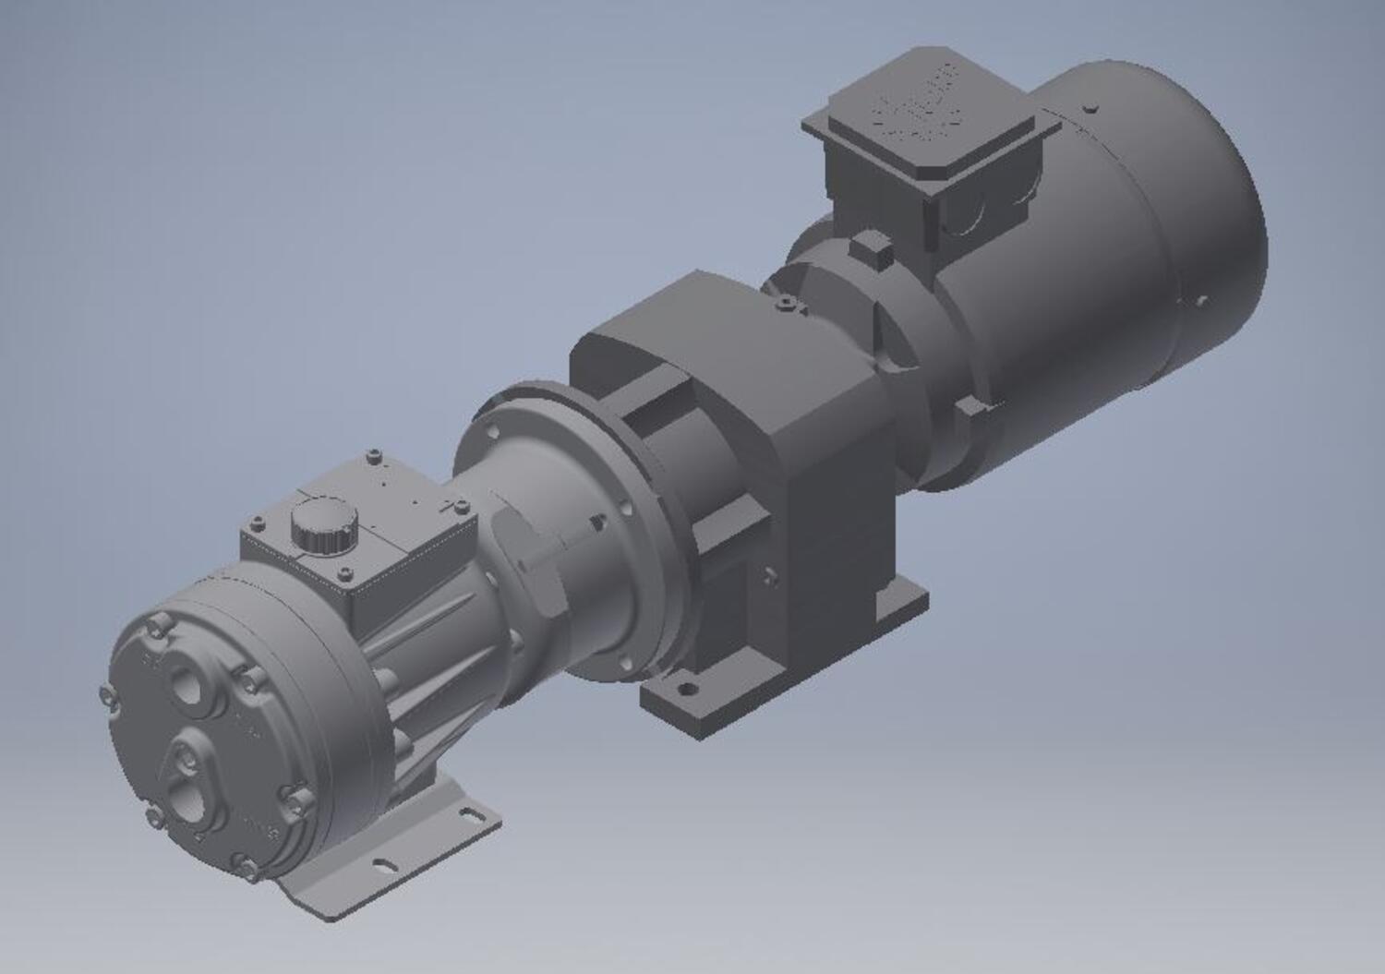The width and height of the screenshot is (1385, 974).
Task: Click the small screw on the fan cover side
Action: pos(1201,300)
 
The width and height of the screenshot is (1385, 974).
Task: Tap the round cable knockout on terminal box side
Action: pos(965,218)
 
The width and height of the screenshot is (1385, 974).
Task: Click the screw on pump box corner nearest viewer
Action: pos(345,575)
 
